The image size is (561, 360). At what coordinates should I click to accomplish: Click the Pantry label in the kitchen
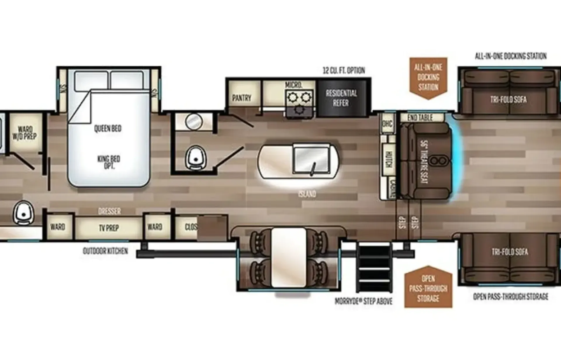[242, 98]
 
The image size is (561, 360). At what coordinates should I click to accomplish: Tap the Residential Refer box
[341, 98]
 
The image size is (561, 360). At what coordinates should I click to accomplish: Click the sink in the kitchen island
[311, 159]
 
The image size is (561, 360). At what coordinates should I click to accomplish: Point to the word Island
[307, 194]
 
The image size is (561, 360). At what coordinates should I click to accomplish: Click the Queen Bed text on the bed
[108, 129]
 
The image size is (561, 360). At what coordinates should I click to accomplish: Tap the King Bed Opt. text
[109, 162]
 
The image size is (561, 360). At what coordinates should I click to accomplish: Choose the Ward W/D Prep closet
[25, 133]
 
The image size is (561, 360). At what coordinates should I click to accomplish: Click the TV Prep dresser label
[109, 228]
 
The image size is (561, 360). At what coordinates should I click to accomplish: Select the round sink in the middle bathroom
[194, 122]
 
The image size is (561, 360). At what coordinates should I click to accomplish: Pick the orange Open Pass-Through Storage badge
[428, 288]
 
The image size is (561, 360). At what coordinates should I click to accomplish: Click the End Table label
[420, 117]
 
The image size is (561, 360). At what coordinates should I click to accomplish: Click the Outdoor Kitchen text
[105, 251]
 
